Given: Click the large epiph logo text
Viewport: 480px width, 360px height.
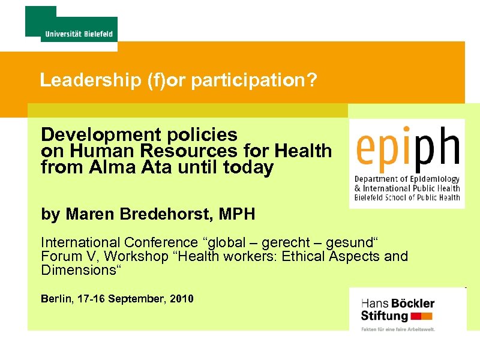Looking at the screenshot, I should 407,146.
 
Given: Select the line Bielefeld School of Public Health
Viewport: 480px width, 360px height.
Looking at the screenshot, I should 407,197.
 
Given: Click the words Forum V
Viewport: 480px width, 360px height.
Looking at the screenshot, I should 64,257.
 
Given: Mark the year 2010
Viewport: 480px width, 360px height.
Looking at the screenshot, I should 181,298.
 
